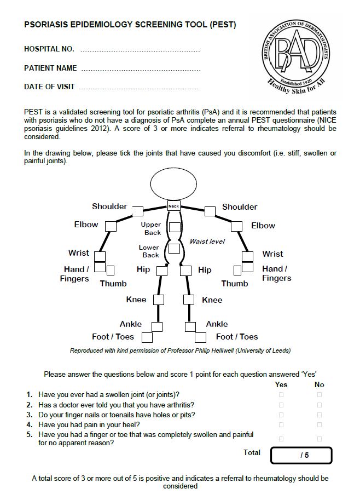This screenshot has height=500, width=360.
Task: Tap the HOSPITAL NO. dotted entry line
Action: point(140,50)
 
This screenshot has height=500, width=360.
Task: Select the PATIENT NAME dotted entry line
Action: point(140,69)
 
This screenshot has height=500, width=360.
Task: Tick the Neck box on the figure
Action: point(173,206)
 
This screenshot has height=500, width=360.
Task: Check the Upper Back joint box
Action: point(174,227)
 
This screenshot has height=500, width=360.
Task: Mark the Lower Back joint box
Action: point(174,249)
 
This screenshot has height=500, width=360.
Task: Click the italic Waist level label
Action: point(207,242)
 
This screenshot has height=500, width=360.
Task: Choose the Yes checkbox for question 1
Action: point(282,395)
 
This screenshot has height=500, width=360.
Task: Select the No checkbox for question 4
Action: point(320,424)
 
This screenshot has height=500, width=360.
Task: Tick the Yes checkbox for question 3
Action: point(282,415)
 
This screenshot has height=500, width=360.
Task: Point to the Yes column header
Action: point(281,384)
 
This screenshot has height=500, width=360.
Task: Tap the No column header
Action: point(320,384)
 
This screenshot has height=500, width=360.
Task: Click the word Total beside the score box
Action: point(252,452)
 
